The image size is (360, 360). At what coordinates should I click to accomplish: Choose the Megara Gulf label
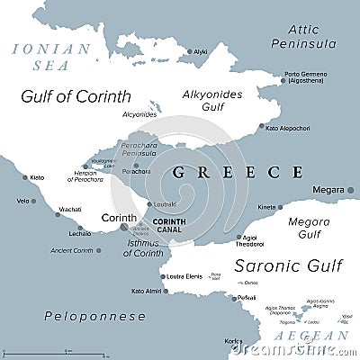coord(308,227)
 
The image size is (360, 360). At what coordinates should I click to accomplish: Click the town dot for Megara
coord(347,191)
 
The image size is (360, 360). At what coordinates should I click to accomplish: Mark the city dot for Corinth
coord(124,227)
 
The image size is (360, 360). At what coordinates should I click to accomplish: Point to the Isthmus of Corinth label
coord(142,248)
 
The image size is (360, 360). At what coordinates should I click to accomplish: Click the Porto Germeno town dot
coord(281,80)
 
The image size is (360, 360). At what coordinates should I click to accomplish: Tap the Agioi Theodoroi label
coord(250,240)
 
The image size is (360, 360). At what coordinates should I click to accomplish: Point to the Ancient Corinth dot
coord(98,250)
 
